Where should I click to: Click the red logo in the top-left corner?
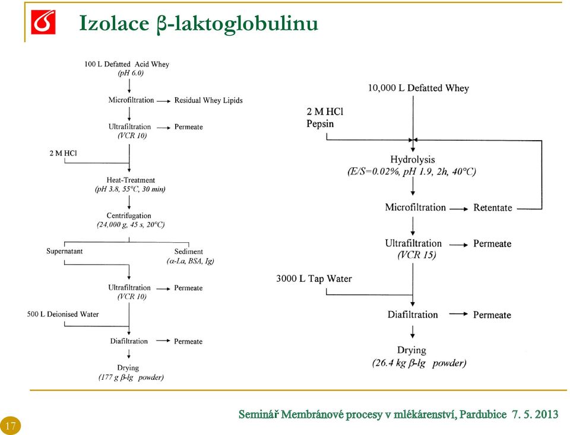coord(43,22)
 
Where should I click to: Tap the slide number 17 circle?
coord(11,425)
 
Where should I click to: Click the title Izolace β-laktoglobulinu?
coord(198,24)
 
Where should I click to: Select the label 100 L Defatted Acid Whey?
coord(126,64)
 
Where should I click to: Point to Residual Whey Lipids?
coord(208,100)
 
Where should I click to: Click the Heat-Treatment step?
coord(131,180)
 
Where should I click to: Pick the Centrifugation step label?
coord(129,215)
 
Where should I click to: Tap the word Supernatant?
coord(64,251)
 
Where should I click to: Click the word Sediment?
coord(188,252)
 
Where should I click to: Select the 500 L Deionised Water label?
coord(63,314)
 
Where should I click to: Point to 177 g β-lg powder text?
coord(131,377)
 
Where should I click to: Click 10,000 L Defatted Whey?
coord(419,88)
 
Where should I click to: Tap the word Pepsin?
coord(320,123)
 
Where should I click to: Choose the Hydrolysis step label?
coord(413,160)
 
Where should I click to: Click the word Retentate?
coord(493,208)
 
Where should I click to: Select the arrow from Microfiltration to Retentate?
coord(459,209)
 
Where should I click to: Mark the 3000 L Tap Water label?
coord(314,279)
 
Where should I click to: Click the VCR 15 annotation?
coord(417,255)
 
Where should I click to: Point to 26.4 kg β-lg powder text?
coord(419,363)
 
